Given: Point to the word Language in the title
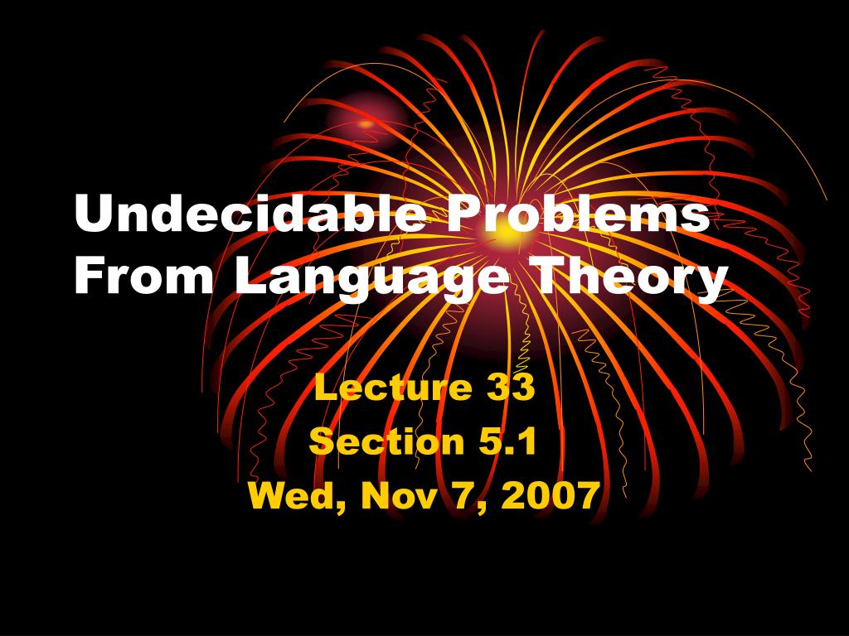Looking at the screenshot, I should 370,278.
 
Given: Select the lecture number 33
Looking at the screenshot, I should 509,387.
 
